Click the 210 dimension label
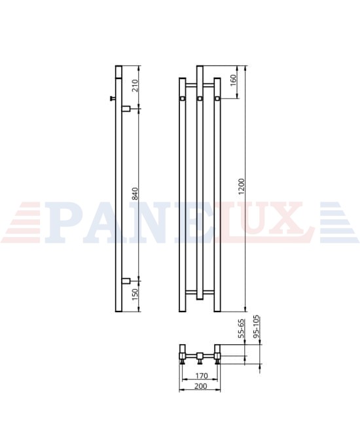(135, 86)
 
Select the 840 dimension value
(135, 194)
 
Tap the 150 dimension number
(135, 295)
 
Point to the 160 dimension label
(233, 80)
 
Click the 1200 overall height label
(242, 187)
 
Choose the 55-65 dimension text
(242, 329)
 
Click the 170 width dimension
(201, 376)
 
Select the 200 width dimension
(201, 386)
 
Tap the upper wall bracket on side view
(126, 109)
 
